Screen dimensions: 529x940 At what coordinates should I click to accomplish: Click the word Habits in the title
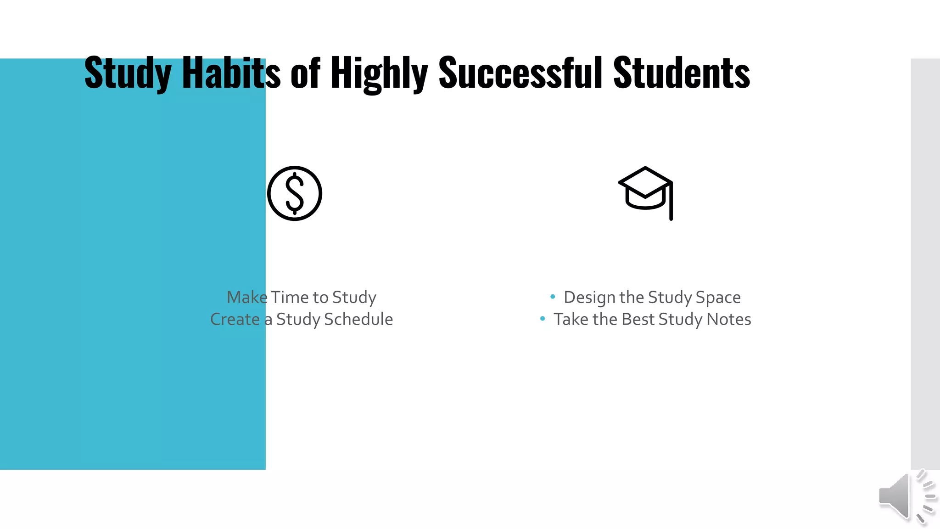click(231, 73)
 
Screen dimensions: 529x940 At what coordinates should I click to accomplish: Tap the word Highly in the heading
click(379, 73)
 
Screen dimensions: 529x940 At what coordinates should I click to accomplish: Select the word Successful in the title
click(520, 73)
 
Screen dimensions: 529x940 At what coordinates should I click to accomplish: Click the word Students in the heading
click(682, 73)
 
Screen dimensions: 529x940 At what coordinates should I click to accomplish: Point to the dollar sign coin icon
click(295, 193)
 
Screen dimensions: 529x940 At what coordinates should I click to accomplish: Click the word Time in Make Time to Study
click(290, 297)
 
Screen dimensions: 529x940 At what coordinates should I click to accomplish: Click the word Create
click(235, 319)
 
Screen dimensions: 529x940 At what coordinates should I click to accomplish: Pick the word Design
click(589, 298)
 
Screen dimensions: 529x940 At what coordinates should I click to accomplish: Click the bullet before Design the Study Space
click(553, 297)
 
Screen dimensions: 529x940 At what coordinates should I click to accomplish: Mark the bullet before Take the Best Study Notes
click(543, 318)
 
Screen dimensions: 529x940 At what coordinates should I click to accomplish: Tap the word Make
click(247, 297)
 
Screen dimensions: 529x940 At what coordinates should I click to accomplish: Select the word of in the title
click(305, 73)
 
